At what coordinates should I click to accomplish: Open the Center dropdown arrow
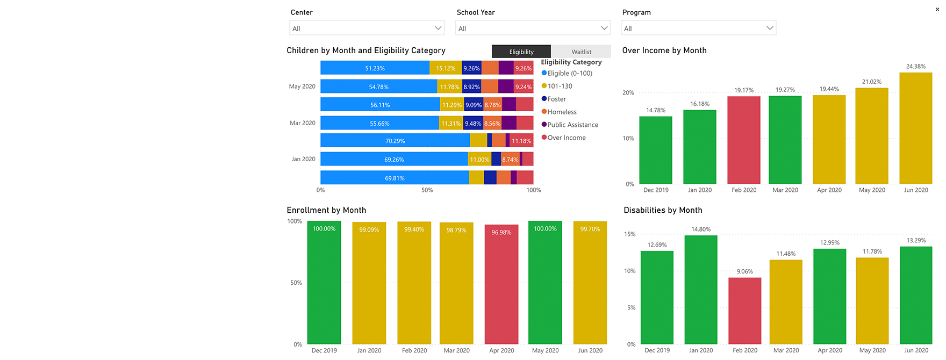click(438, 28)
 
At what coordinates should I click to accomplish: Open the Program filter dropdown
click(698, 28)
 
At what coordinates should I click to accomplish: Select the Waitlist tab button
click(581, 52)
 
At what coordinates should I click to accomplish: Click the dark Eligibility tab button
click(521, 52)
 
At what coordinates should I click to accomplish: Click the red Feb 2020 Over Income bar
click(744, 140)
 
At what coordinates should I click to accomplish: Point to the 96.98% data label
click(501, 233)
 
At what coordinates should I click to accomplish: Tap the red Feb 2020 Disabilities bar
click(745, 311)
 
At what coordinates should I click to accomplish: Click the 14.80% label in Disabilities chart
click(701, 229)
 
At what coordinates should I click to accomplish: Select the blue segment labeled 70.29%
click(395, 141)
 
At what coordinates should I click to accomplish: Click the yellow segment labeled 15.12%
click(446, 68)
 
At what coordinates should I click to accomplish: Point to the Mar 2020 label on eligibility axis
click(303, 123)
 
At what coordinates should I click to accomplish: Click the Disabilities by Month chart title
click(663, 210)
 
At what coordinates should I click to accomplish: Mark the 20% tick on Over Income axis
click(628, 93)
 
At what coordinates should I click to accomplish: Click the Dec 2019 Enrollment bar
click(324, 285)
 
